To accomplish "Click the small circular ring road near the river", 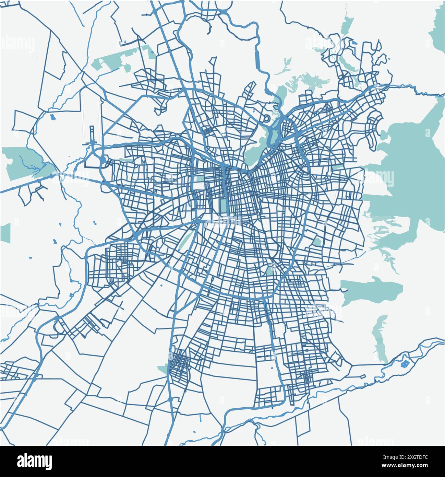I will point(266,119).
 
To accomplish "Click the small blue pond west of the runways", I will point(52,117).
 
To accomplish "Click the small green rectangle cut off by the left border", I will point(5,233).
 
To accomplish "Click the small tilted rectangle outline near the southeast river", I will point(362,376).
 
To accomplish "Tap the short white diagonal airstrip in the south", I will point(196,321).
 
